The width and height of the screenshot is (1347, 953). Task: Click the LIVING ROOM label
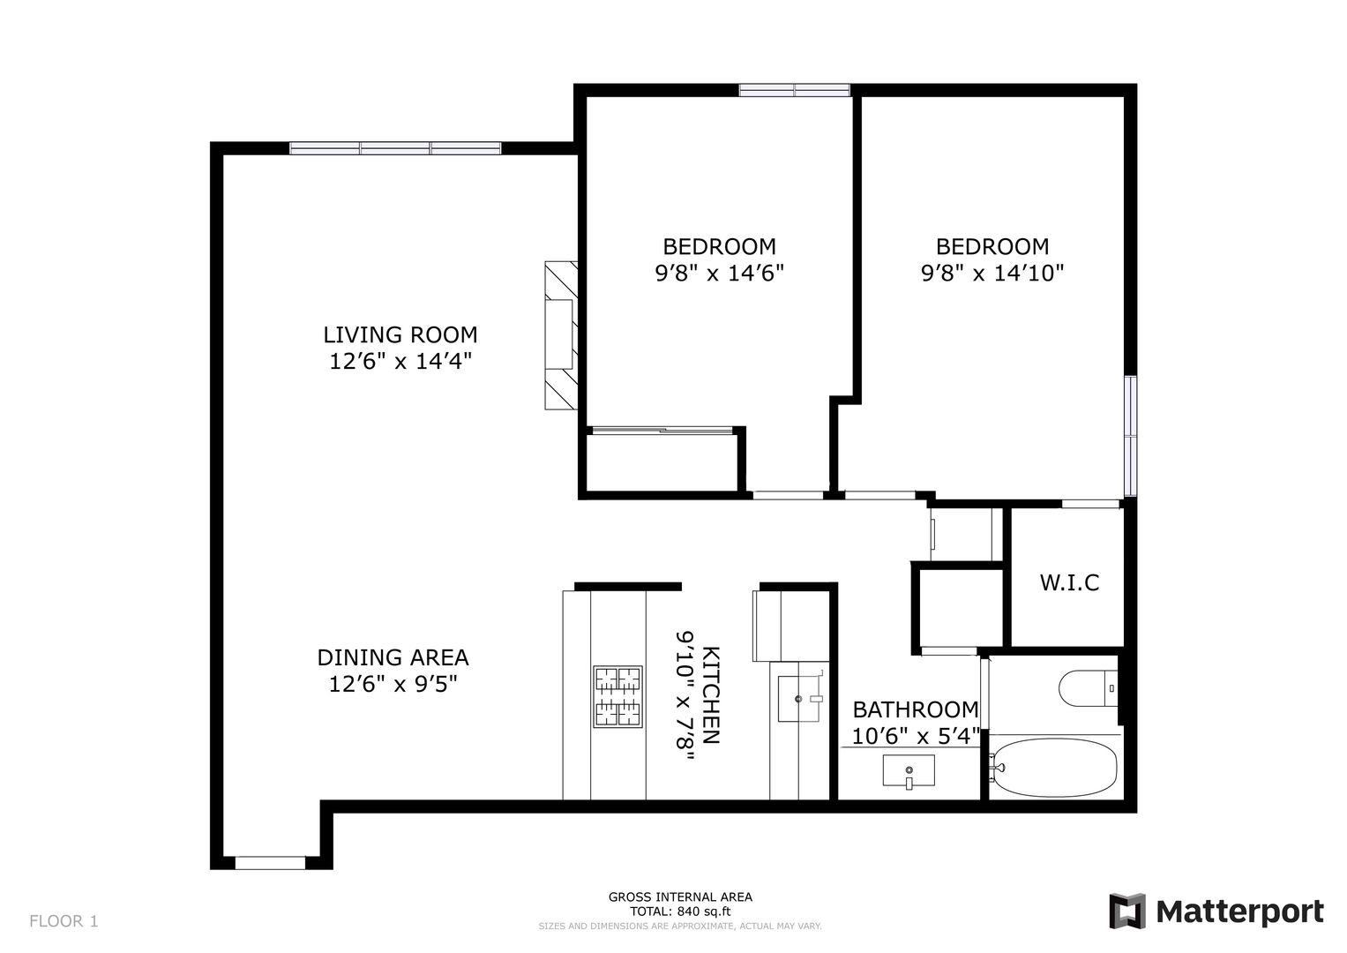(400, 334)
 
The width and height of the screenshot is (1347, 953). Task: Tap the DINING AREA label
(393, 657)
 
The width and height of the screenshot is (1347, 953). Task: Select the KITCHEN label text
(711, 695)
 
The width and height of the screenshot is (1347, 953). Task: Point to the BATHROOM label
(916, 710)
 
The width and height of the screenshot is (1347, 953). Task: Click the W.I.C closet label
(1069, 582)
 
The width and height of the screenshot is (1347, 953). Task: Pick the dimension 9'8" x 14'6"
(719, 274)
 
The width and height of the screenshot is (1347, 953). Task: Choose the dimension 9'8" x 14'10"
(992, 274)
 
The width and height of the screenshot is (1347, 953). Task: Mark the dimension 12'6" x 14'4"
(400, 361)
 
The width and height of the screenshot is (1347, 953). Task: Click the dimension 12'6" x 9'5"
(393, 684)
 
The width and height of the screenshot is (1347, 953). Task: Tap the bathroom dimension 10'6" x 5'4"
(916, 737)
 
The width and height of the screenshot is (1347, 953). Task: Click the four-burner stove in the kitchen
(617, 696)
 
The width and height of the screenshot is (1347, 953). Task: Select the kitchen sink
(799, 699)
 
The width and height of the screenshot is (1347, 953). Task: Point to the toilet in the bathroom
(1088, 687)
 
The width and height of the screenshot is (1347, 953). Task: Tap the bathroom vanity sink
(909, 770)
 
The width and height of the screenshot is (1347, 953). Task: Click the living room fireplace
(561, 335)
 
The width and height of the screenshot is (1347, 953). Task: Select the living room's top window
(395, 148)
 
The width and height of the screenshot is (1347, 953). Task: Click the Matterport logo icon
(1127, 911)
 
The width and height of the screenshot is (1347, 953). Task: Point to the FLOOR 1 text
(64, 921)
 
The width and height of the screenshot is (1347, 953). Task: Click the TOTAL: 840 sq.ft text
(680, 912)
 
